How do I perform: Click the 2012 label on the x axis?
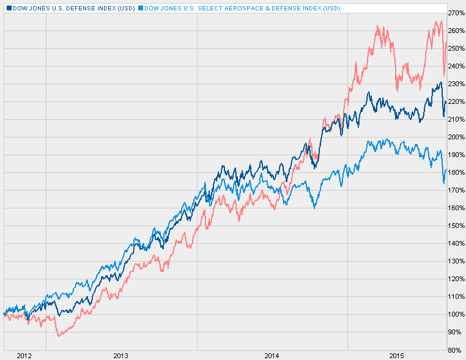click(x=24, y=355)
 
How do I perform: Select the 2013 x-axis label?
click(x=121, y=355)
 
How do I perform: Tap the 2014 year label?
click(x=272, y=355)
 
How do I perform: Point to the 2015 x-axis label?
click(x=397, y=355)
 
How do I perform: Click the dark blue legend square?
click(x=6, y=8)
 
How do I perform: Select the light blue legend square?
click(x=141, y=8)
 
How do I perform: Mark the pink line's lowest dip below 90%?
click(x=58, y=336)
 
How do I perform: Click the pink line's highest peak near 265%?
click(x=440, y=21)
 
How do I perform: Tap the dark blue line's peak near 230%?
click(x=440, y=83)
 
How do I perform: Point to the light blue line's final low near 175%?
click(x=444, y=183)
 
